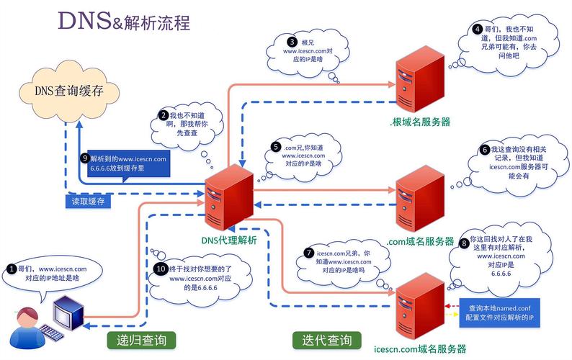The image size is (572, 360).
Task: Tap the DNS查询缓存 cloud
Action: pyautogui.click(x=68, y=91)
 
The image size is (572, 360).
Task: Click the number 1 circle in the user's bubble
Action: pyautogui.click(x=12, y=269)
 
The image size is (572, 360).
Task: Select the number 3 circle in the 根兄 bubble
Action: pyautogui.click(x=291, y=42)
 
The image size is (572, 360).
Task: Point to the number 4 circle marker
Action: pyautogui.click(x=477, y=30)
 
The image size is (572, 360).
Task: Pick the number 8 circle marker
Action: pyautogui.click(x=464, y=243)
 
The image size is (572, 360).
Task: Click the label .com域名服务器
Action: pyautogui.click(x=421, y=241)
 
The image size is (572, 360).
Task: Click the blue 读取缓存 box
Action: pyautogui.click(x=88, y=202)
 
